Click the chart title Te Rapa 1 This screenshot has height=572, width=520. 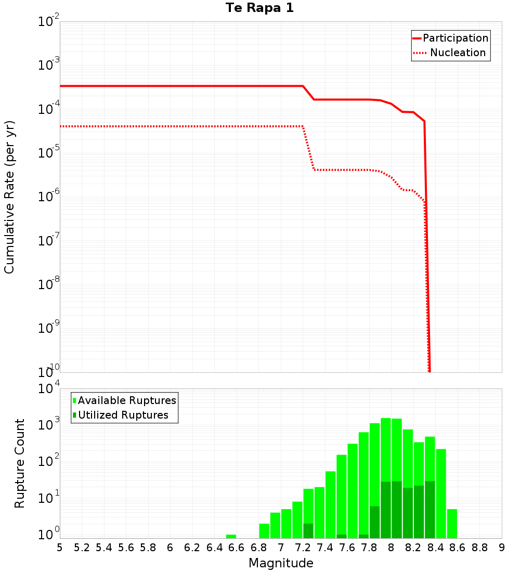point(259,8)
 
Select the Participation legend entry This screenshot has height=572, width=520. point(455,38)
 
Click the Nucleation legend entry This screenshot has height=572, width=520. point(457,53)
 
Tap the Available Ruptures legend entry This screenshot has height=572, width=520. point(126,400)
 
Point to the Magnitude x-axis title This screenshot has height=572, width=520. point(281,563)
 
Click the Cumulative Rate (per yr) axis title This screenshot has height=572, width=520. point(9,197)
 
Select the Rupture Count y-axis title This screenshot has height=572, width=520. point(20,463)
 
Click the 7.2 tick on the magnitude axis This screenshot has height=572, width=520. point(303,548)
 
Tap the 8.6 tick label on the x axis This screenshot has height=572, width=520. point(458,548)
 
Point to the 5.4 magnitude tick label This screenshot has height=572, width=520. point(104,548)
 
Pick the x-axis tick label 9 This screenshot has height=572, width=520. point(502,548)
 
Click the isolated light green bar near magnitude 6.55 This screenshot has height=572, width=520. point(231,536)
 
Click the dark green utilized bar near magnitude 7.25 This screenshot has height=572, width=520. point(308,531)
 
